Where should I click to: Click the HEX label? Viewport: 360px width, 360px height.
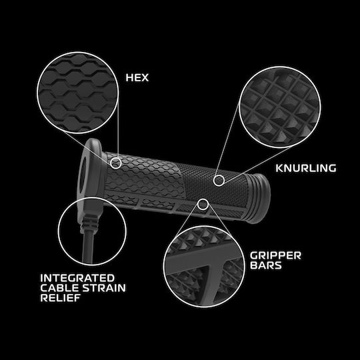(137, 77)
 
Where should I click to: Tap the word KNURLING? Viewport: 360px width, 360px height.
(306, 168)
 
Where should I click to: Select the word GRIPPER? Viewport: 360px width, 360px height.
(275, 255)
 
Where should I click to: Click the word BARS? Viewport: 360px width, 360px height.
(266, 265)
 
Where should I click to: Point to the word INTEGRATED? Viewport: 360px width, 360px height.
(77, 278)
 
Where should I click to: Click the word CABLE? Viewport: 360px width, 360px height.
(60, 288)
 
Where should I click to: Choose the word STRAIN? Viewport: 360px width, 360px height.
(104, 288)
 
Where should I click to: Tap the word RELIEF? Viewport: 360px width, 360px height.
(61, 298)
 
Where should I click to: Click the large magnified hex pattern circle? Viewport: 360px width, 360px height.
(78, 93)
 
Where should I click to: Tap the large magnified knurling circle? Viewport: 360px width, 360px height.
(280, 107)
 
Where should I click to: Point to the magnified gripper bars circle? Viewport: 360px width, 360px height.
(204, 266)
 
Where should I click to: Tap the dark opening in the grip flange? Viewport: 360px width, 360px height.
(83, 175)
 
